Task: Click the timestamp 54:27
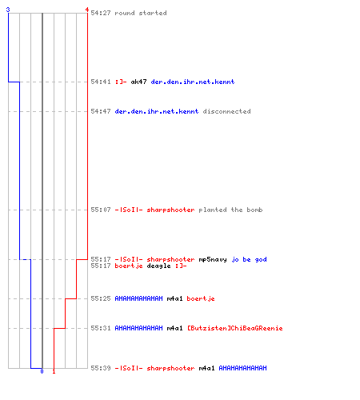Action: tap(101, 13)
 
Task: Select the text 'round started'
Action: tap(141, 13)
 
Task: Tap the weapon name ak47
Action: tap(138, 82)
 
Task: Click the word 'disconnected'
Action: tap(226, 111)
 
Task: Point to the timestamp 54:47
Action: tap(101, 111)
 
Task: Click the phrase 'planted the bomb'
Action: tap(230, 210)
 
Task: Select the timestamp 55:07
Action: tap(101, 210)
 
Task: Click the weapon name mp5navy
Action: tap(213, 259)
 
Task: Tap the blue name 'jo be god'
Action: tap(249, 259)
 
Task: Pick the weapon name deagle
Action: tap(158, 266)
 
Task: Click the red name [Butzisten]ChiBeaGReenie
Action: tap(235, 328)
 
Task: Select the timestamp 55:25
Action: tap(101, 298)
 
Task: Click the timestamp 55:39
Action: tap(101, 368)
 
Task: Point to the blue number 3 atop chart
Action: tap(8, 10)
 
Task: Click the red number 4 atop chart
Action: tap(87, 10)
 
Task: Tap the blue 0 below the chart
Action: tap(42, 371)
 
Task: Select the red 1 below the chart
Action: tap(54, 371)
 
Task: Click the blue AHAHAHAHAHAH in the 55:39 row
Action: tap(242, 368)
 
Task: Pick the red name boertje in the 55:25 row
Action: tap(201, 298)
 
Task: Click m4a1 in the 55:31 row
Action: tap(174, 328)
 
